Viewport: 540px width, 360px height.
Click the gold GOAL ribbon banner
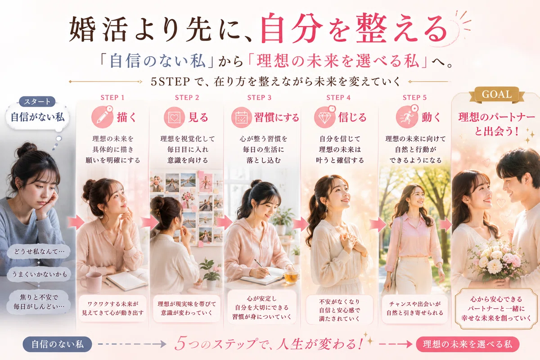497,94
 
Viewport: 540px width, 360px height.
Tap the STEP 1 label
112,98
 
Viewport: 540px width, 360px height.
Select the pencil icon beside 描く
102,117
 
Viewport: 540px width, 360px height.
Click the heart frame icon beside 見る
174,117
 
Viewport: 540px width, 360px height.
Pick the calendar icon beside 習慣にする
242,117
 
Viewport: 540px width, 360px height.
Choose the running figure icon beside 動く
407,117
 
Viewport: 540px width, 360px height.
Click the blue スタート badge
37,102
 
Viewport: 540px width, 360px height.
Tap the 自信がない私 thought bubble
38,117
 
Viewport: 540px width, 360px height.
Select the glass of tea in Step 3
291,275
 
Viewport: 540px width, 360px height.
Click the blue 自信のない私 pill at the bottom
58,344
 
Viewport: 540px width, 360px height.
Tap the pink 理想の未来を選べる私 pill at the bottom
468,344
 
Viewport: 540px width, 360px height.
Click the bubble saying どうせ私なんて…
39,252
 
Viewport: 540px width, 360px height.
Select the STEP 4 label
338,98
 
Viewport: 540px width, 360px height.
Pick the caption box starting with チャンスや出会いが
414,309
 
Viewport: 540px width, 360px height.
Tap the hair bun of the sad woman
26,149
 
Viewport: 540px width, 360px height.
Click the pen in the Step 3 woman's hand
263,267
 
